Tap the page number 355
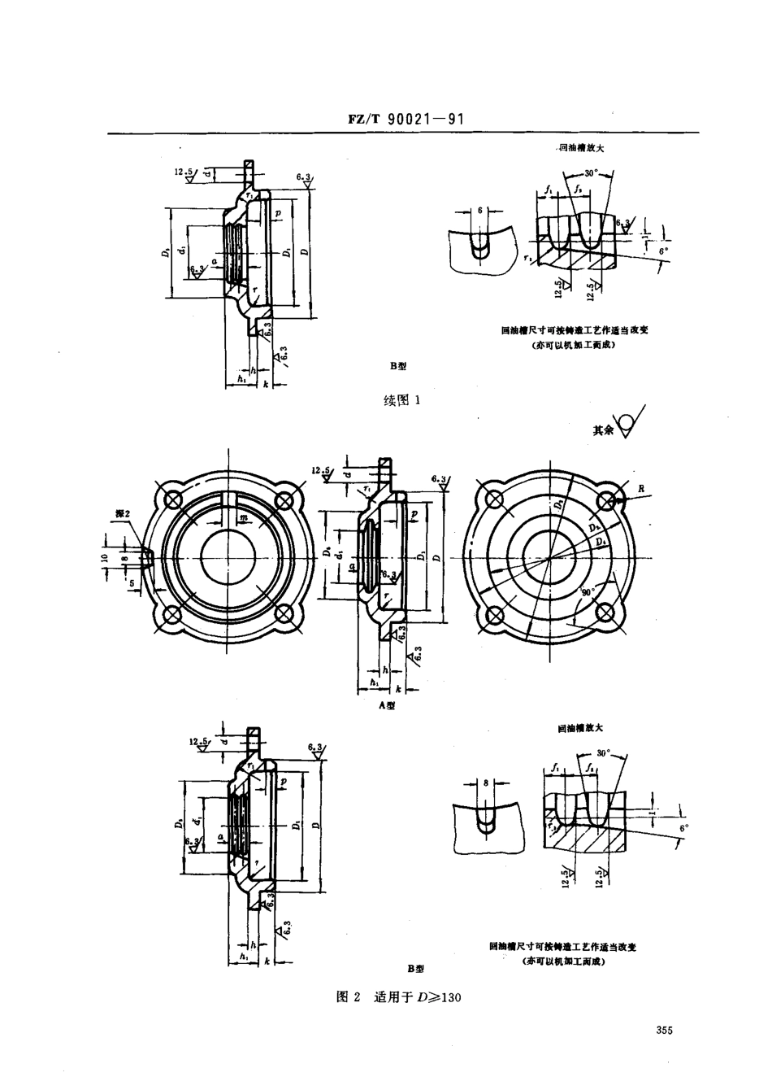[664, 1031]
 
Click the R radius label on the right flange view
[641, 489]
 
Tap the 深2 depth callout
[123, 516]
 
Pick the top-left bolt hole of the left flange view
[173, 499]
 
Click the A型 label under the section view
[388, 706]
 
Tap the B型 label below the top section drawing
[397, 367]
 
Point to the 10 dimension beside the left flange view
[106, 560]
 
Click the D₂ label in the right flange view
[559, 505]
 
